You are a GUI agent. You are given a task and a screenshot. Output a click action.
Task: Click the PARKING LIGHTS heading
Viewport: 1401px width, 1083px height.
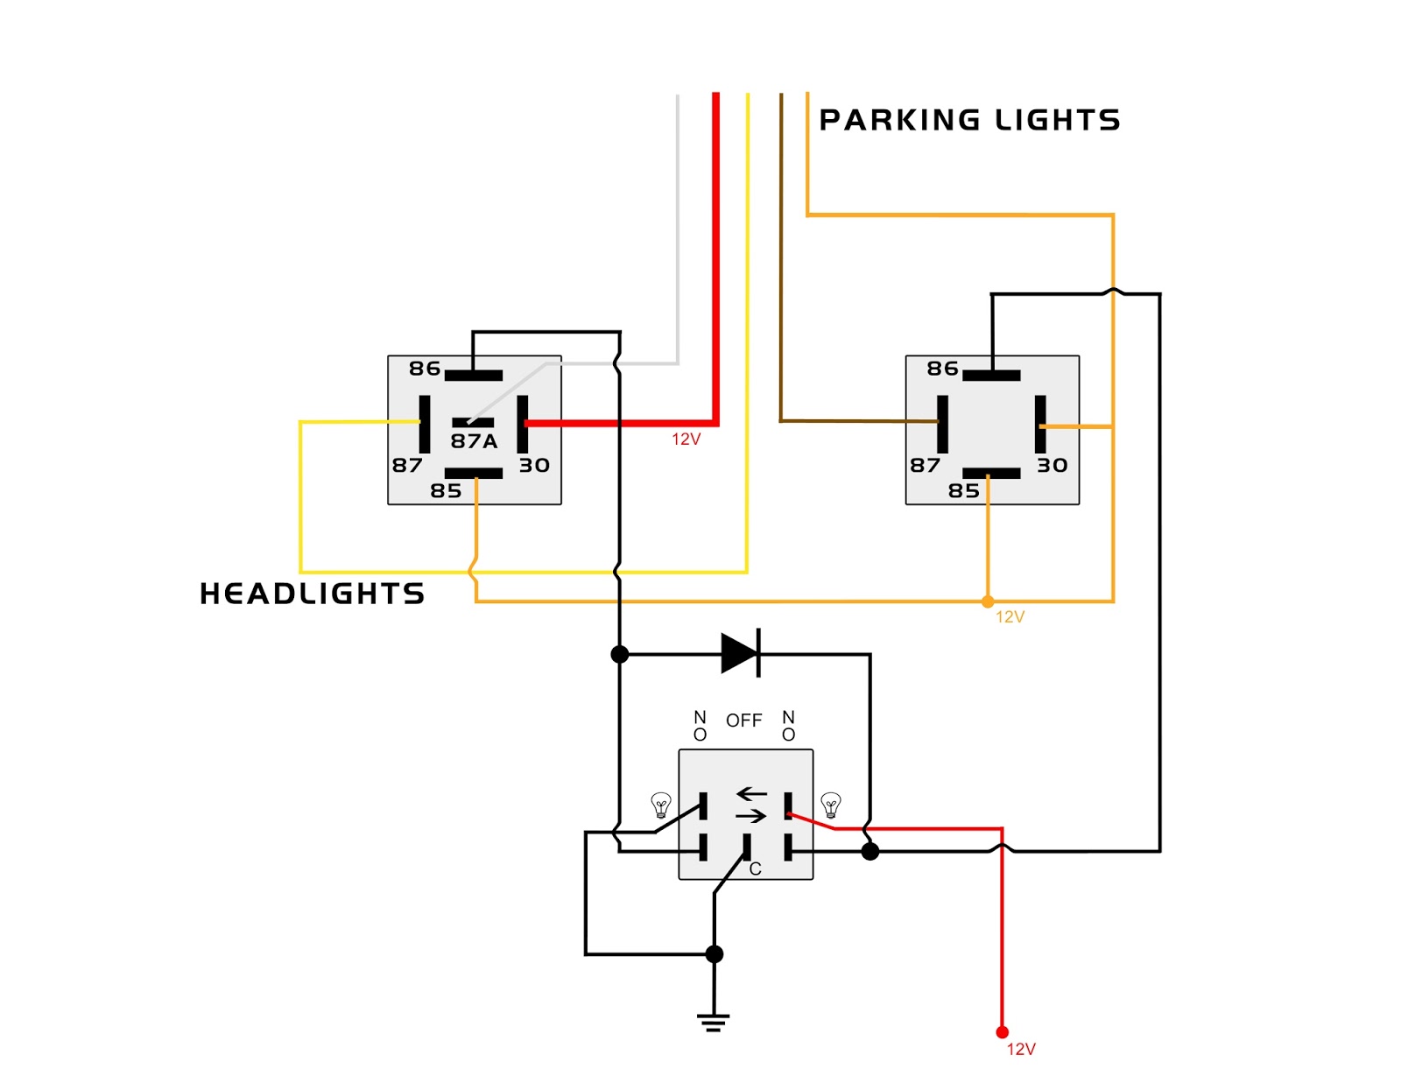pyautogui.click(x=969, y=120)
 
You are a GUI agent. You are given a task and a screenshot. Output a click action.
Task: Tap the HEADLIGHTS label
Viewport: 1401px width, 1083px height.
pyautogui.click(x=312, y=594)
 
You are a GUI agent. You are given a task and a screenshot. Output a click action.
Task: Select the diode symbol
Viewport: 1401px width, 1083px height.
pyautogui.click(x=741, y=653)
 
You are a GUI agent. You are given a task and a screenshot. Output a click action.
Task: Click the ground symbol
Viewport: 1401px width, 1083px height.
pyautogui.click(x=713, y=1023)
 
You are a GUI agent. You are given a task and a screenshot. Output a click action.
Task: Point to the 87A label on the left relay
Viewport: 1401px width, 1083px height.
pyautogui.click(x=474, y=441)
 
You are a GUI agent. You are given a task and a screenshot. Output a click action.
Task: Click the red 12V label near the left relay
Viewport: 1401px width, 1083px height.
pyautogui.click(x=686, y=439)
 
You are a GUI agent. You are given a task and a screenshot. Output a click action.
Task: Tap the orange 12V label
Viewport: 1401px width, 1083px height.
pyautogui.click(x=1010, y=617)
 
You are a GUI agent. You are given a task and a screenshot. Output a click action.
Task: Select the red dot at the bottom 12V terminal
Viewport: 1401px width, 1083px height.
pyautogui.click(x=1002, y=1032)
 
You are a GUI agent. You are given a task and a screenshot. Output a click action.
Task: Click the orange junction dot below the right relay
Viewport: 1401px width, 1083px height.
pyautogui.click(x=987, y=602)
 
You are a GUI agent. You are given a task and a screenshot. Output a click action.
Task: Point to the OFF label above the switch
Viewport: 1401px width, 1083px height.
pyautogui.click(x=744, y=721)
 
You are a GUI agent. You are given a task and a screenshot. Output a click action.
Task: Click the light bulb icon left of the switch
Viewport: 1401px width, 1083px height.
pyautogui.click(x=661, y=805)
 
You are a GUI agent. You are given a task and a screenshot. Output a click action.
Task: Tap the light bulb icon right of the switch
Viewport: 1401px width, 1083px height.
pyautogui.click(x=830, y=805)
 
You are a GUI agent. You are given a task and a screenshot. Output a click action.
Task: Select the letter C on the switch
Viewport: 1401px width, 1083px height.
pyautogui.click(x=755, y=869)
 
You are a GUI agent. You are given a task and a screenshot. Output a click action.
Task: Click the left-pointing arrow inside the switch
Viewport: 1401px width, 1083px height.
pyautogui.click(x=752, y=793)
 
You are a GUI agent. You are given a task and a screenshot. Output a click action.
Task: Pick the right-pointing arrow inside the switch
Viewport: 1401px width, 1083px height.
pyautogui.click(x=751, y=817)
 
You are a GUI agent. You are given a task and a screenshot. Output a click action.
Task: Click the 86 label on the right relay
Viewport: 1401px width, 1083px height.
pyautogui.click(x=942, y=369)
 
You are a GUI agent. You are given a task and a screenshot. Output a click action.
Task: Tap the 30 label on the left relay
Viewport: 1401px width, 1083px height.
pyautogui.click(x=534, y=466)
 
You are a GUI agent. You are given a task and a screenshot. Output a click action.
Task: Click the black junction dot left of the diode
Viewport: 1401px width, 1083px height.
pyautogui.click(x=620, y=654)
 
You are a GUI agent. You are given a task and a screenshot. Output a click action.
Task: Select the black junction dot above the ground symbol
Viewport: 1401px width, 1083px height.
pyautogui.click(x=715, y=954)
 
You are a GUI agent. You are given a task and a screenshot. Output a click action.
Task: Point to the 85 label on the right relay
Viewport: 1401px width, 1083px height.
pyautogui.click(x=964, y=491)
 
